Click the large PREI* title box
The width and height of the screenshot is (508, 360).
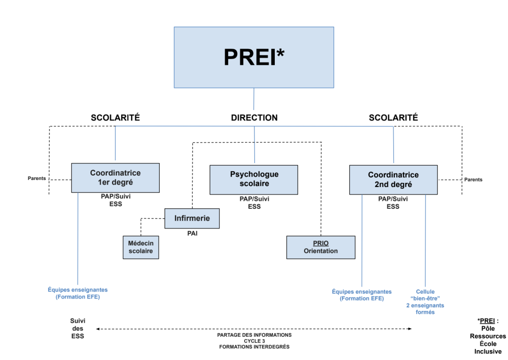254,57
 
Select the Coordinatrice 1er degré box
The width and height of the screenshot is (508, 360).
115,178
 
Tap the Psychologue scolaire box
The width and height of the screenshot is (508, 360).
254,180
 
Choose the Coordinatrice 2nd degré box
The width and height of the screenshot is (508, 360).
393,180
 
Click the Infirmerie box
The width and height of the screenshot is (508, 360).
191,218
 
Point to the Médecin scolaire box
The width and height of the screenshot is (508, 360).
141,247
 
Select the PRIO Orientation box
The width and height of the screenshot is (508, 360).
320,247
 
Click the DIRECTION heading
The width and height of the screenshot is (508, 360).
254,118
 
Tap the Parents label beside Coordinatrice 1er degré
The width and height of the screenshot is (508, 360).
37,179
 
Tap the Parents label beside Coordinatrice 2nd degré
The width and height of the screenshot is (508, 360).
473,180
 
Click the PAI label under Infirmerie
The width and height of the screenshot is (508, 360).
191,234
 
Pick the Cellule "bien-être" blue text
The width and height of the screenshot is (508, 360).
425,302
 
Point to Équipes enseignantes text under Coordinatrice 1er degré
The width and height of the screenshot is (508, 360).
77,293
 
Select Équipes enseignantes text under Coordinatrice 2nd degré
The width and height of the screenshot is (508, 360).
362,295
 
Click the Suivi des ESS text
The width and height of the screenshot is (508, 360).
77,328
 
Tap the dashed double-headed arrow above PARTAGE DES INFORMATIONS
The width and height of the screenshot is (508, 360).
254,329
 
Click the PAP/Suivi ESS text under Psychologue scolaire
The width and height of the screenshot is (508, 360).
254,203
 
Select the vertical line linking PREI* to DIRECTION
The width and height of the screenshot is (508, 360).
254,99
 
